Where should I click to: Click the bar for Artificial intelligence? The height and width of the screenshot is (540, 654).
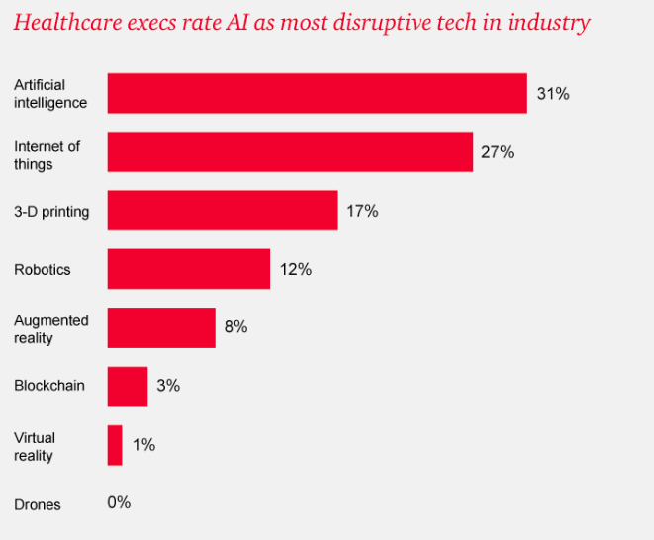317,93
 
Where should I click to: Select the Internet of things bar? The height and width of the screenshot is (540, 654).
290,152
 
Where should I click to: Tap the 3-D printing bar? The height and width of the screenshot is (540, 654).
223,211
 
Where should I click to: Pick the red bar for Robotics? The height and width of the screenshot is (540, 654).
188,269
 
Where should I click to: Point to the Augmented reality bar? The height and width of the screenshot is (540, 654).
161,327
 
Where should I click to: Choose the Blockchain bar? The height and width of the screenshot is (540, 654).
128,387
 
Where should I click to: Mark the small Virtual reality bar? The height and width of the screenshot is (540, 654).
115,445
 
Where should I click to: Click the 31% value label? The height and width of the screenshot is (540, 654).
553,94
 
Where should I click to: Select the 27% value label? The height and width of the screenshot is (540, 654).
498,152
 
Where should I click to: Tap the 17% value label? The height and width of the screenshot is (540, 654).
362,211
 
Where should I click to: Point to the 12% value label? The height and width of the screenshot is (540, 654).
295,269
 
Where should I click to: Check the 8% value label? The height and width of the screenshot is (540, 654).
235,327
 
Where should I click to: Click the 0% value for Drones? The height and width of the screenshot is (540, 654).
119,502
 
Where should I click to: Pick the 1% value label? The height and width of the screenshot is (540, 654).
143,445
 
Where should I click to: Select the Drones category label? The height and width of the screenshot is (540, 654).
38,504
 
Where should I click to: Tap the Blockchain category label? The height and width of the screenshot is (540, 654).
48,386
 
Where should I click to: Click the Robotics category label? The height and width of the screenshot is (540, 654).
43,269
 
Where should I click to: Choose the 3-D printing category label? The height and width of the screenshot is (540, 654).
51,211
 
